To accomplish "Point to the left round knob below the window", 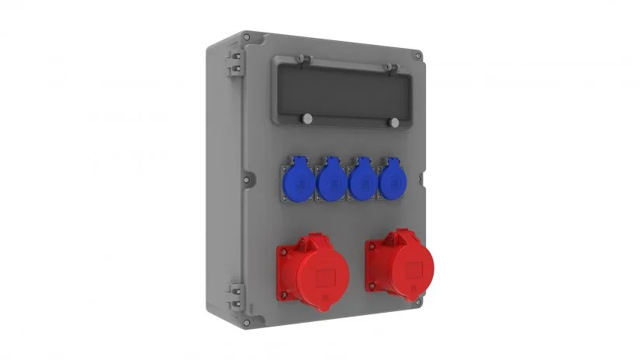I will coord(308,119).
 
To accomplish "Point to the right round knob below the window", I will coord(394,123).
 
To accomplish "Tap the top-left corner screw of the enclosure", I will coord(246,36).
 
